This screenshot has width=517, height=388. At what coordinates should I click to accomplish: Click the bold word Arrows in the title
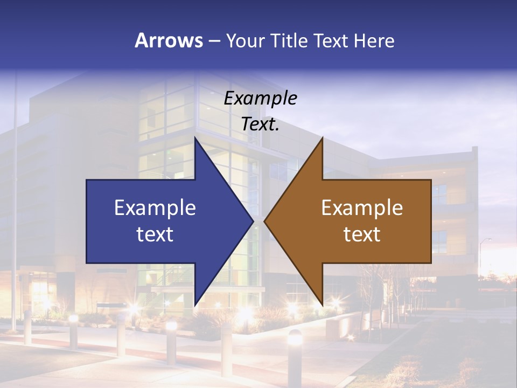click(169, 40)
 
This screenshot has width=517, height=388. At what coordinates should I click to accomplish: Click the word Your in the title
click(244, 41)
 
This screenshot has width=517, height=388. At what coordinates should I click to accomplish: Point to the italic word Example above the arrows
click(260, 98)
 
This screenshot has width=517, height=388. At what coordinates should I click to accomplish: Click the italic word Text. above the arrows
click(260, 124)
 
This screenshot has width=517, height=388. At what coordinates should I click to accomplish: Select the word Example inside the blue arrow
click(155, 207)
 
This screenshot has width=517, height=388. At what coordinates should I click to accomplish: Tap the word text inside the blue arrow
click(155, 234)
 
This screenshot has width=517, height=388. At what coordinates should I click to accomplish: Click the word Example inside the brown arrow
click(362, 207)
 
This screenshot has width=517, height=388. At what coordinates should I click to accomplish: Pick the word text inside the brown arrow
click(362, 234)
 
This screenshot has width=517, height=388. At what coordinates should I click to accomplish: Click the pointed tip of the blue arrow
click(253, 221)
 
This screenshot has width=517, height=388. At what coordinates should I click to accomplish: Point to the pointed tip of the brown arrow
click(264, 221)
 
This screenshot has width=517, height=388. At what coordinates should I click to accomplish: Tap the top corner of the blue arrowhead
click(195, 138)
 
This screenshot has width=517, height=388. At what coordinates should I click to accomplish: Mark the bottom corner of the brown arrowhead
click(322, 304)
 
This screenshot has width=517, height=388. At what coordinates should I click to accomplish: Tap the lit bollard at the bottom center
click(294, 339)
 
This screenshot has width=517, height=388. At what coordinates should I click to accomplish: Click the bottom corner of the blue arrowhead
click(195, 305)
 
